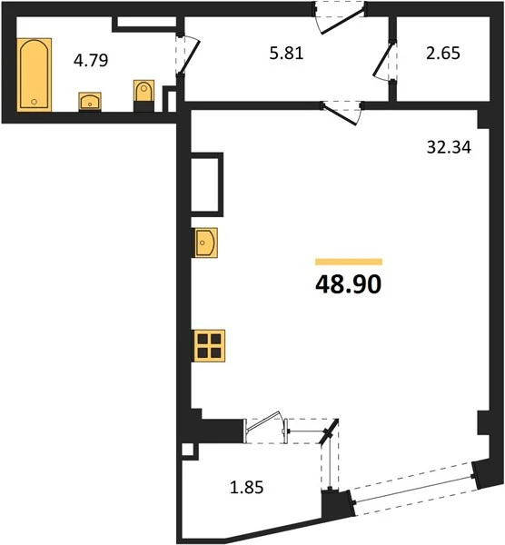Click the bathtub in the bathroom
35,74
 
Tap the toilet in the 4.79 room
144,95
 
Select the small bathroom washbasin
90,102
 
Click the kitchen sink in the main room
205,243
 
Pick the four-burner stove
209,346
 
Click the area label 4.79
91,60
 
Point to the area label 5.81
286,54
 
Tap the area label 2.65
443,54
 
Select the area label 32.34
449,147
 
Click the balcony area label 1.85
247,487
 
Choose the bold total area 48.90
348,284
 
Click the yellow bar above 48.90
349,262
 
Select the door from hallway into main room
342,113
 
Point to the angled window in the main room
412,489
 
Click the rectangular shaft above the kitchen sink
207,184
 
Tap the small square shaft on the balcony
188,451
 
